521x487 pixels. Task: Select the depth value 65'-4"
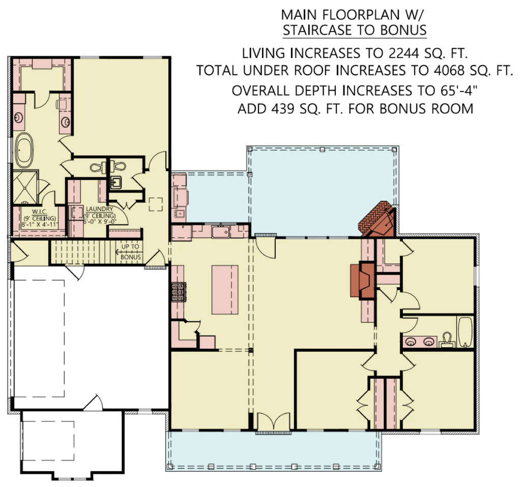click(456, 90)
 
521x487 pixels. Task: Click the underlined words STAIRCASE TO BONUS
click(355, 31)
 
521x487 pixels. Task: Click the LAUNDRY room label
click(100, 209)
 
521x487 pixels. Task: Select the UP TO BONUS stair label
click(131, 252)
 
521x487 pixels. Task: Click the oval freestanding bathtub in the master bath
click(23, 150)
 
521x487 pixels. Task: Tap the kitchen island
click(225, 290)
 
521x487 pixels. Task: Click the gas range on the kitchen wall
click(177, 292)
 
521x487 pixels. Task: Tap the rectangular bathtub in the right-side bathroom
click(465, 331)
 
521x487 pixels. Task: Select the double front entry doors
click(274, 422)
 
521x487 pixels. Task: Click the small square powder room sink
click(115, 182)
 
